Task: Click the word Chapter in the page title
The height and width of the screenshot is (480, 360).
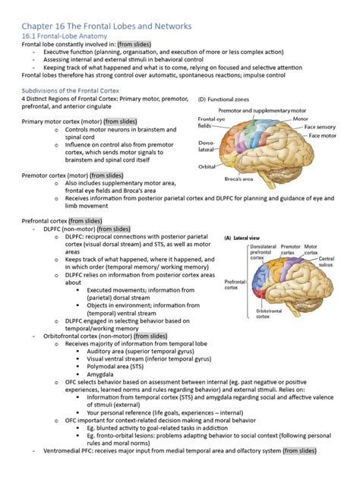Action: tap(41, 26)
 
